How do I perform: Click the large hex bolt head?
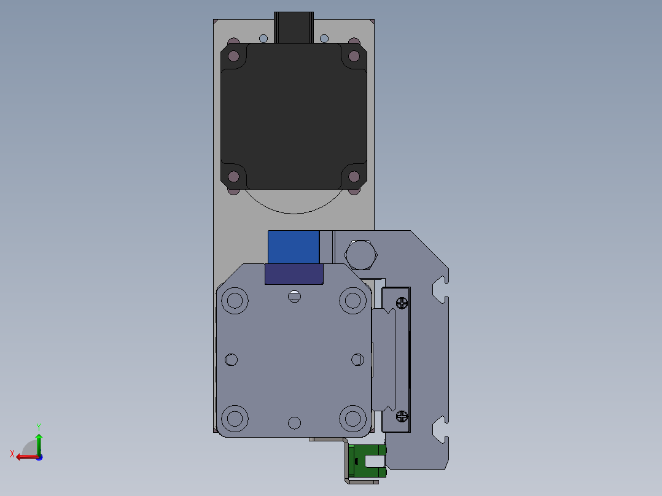(360, 255)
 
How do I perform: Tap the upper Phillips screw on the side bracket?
(402, 303)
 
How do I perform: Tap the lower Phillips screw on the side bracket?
(402, 416)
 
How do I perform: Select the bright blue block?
(294, 247)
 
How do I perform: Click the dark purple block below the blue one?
(294, 274)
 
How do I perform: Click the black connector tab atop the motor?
(294, 28)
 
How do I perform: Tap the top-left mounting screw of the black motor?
(233, 56)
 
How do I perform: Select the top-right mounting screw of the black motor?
(354, 56)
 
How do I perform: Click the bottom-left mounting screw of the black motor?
(233, 176)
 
